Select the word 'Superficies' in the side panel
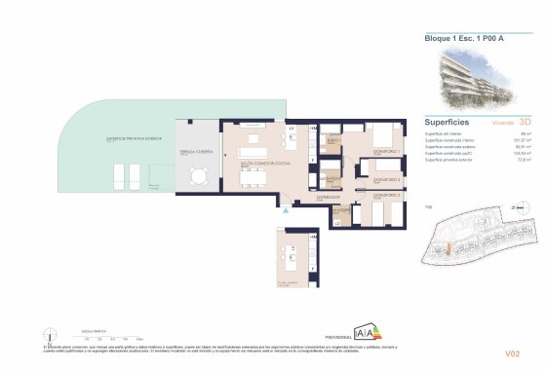click(448, 123)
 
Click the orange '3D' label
click(526, 123)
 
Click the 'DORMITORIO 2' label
click(387, 180)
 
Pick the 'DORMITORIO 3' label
click(387, 196)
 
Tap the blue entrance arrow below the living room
click(285, 209)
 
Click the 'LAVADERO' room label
click(340, 208)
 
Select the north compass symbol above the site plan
click(514, 206)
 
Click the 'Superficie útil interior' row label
click(446, 133)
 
